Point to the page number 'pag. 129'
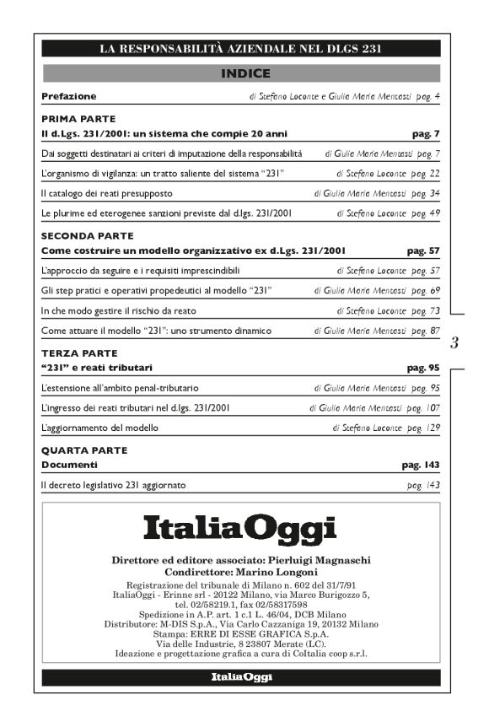(x=425, y=428)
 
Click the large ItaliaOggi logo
(x=240, y=530)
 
